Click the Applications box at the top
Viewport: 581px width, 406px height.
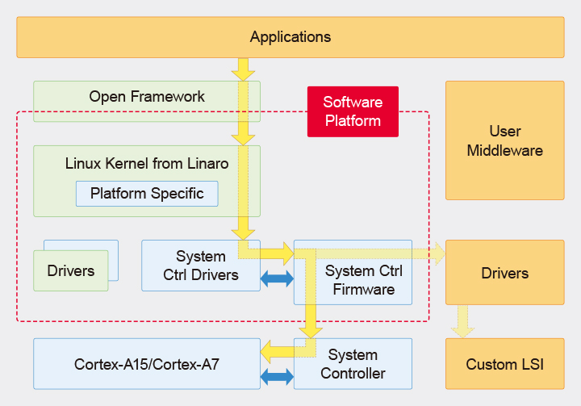290,37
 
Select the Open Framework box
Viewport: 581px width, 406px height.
147,101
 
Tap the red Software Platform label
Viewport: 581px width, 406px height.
353,111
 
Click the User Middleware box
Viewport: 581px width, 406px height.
504,140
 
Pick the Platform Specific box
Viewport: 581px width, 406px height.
147,194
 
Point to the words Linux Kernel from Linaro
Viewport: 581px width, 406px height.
147,164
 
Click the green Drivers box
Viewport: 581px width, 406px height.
71,270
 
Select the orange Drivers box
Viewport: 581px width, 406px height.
504,273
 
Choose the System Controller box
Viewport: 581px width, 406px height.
353,364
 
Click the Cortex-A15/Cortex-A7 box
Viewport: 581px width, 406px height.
147,364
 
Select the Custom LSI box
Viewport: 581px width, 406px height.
504,364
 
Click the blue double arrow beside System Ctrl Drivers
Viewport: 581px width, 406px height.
277,278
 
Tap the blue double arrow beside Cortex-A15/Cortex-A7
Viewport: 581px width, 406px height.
277,377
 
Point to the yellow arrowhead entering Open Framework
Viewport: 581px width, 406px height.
243,75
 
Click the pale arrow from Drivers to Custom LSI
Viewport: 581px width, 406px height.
462,321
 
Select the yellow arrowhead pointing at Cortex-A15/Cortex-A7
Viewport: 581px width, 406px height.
267,352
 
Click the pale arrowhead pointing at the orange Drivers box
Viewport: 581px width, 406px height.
440,253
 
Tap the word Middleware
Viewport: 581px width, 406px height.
504,151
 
